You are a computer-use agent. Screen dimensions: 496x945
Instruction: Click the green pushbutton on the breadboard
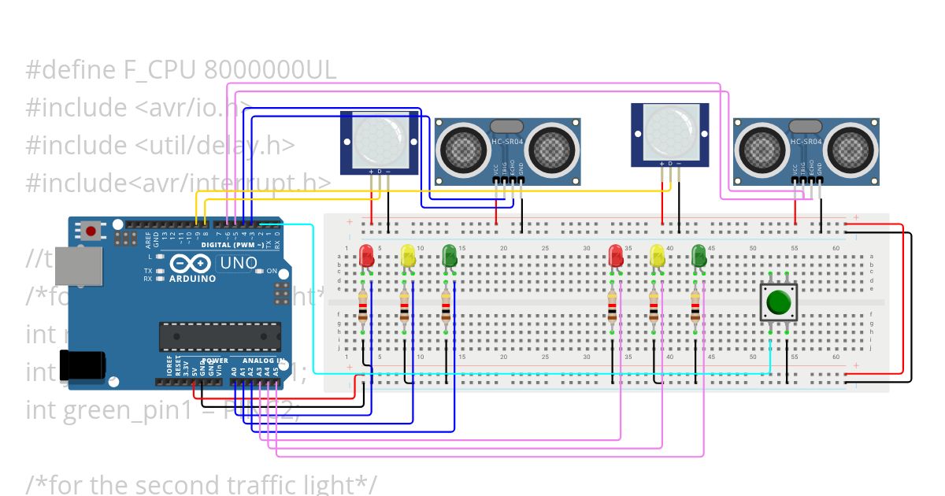[x=779, y=302]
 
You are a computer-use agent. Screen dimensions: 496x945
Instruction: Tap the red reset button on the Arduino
[x=91, y=231]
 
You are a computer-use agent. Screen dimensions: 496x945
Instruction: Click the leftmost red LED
[x=366, y=255]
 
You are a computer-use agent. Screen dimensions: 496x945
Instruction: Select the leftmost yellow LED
[x=408, y=255]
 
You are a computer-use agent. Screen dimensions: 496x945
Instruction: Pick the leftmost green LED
[x=450, y=255]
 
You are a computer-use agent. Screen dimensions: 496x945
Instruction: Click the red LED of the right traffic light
[x=616, y=255]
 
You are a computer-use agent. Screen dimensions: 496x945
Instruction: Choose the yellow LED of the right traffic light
[x=658, y=255]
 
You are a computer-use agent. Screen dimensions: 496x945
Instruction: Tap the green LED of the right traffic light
[x=699, y=255]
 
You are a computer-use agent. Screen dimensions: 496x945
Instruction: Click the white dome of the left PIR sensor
[x=378, y=139]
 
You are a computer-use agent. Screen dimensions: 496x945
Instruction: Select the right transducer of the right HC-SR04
[x=850, y=148]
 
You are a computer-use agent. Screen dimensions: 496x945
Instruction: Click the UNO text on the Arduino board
[x=236, y=264]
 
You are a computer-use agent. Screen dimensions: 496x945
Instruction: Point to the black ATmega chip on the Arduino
[x=220, y=336]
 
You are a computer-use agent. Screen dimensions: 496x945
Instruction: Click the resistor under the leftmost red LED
[x=362, y=309]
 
